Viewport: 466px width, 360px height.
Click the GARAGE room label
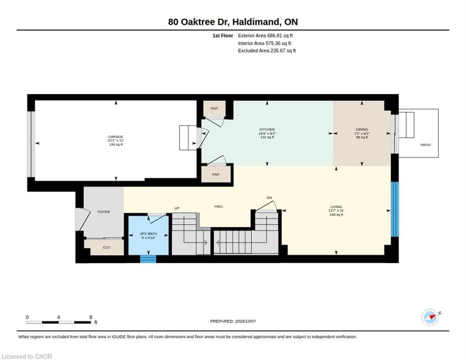click(x=116, y=137)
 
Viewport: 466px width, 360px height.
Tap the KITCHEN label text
click(x=267, y=130)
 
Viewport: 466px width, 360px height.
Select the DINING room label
click(x=361, y=130)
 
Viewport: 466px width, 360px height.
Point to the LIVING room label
click(x=336, y=207)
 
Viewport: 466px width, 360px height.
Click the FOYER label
click(x=104, y=212)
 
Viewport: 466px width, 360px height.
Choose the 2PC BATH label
click(x=148, y=233)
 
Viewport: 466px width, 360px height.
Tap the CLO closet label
click(x=106, y=247)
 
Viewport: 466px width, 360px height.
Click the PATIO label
click(x=426, y=145)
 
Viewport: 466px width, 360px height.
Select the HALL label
click(x=219, y=206)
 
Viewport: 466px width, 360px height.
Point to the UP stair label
click(x=177, y=208)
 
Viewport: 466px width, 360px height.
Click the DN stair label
click(x=269, y=198)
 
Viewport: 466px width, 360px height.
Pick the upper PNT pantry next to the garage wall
click(x=214, y=108)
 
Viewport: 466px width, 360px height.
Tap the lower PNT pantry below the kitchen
click(x=216, y=174)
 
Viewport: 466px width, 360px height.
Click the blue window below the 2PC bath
click(x=148, y=259)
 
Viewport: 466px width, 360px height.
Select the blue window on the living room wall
click(x=395, y=209)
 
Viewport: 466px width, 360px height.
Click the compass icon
click(x=430, y=317)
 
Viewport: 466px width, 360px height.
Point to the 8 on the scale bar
click(x=90, y=317)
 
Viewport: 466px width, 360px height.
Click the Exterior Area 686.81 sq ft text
click(x=265, y=36)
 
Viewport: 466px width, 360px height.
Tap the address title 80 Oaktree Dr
click(x=198, y=22)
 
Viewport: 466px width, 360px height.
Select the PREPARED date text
click(x=233, y=321)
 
